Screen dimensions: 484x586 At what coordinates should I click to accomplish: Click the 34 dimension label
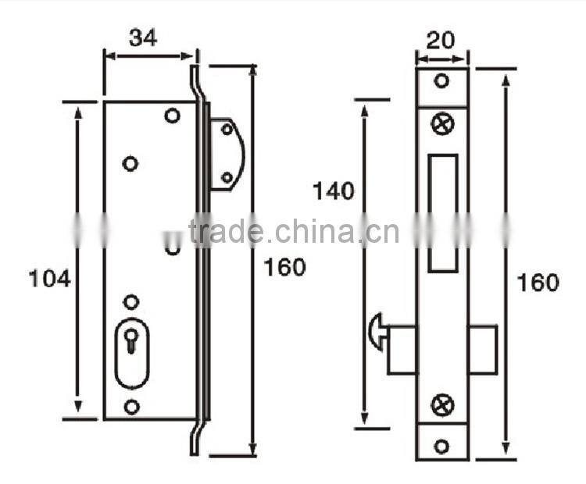pyautogui.click(x=144, y=37)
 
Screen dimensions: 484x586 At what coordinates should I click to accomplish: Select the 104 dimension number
pyautogui.click(x=50, y=278)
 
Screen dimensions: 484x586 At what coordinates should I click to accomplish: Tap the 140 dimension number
pyautogui.click(x=334, y=190)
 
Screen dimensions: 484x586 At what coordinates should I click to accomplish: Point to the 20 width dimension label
pyautogui.click(x=441, y=41)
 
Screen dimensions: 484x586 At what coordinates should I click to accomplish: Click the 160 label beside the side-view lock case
pyautogui.click(x=284, y=267)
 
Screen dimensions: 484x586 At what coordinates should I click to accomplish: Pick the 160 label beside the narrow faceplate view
pyautogui.click(x=538, y=283)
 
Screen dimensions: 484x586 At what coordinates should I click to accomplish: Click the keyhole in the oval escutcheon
pyautogui.click(x=132, y=340)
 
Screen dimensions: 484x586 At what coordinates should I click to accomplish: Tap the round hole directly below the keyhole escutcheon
pyautogui.click(x=131, y=406)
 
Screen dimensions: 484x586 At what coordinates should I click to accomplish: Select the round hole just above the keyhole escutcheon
pyautogui.click(x=131, y=301)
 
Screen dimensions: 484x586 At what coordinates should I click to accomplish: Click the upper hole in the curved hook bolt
pyautogui.click(x=227, y=129)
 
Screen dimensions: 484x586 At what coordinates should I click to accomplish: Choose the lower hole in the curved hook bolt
pyautogui.click(x=227, y=178)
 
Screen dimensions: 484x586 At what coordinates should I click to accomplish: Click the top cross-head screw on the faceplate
pyautogui.click(x=441, y=123)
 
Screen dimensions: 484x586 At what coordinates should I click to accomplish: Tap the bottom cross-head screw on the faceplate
pyautogui.click(x=441, y=404)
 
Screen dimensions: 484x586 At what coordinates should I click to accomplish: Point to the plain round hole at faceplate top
pyautogui.click(x=441, y=81)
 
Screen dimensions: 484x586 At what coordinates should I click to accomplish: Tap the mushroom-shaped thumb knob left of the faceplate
pyautogui.click(x=376, y=331)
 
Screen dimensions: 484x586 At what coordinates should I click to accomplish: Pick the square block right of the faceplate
pyautogui.click(x=482, y=349)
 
